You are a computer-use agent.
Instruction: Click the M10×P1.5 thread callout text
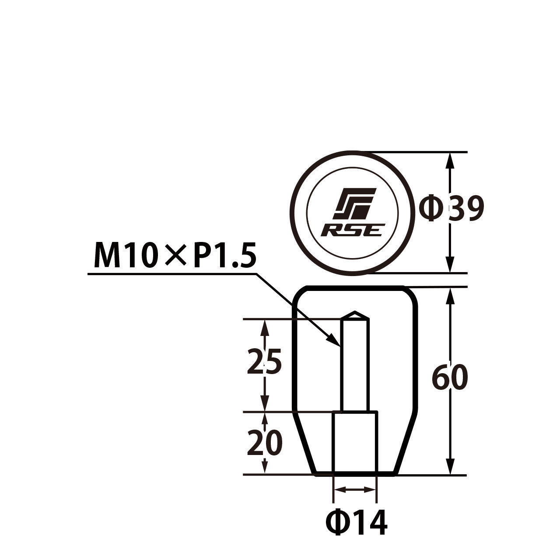(175, 256)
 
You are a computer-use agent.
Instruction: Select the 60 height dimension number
(450, 377)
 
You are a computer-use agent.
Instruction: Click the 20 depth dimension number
(264, 442)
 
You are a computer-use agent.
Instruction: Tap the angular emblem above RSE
(354, 204)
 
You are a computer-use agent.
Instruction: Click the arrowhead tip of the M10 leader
(340, 346)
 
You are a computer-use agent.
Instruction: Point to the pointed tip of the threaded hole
(354, 311)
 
